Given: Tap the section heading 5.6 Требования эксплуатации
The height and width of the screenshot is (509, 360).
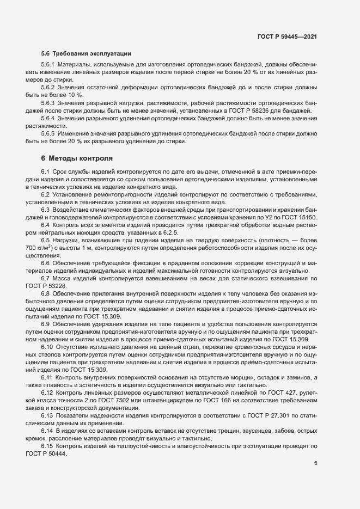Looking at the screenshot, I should [86, 54].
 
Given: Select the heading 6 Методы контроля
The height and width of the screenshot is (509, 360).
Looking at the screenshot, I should [77, 159].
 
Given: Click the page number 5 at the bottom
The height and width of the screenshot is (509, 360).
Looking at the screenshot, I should [316, 463].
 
